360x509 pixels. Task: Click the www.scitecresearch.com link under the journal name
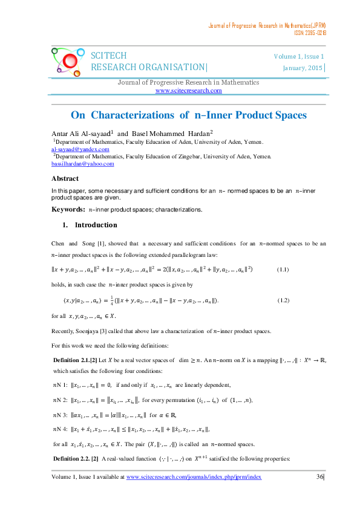pyautogui.click(x=189, y=91)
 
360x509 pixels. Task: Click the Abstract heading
pyautogui.click(x=65, y=178)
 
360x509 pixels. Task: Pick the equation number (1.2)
pyautogui.click(x=286, y=300)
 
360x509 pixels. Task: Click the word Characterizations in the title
pyautogui.click(x=145, y=115)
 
